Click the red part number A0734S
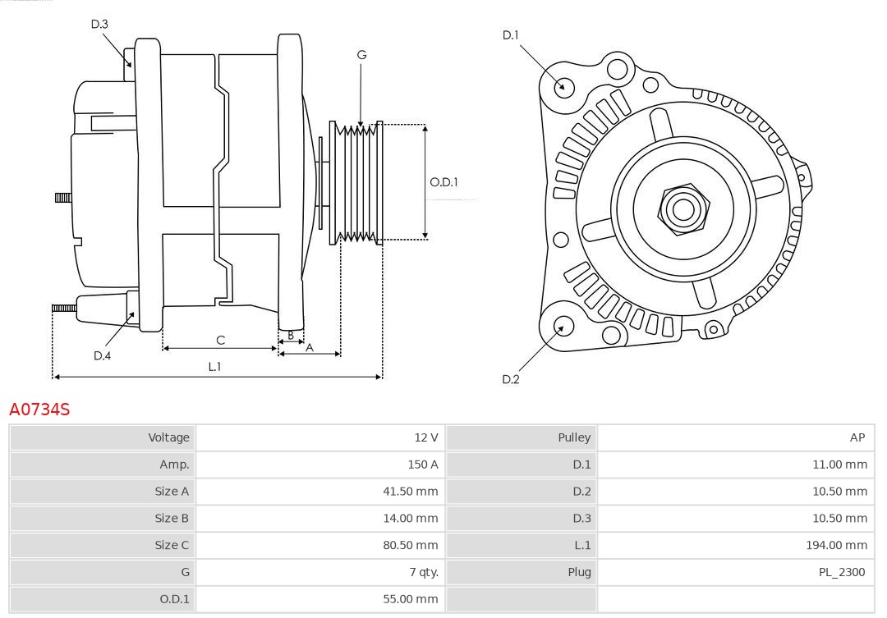coord(39,409)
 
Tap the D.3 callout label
coord(99,24)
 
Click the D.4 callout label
coord(102,355)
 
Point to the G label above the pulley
coord(361,55)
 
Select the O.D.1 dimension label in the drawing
coord(443,182)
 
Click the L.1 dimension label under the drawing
coord(214,367)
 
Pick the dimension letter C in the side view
coord(220,340)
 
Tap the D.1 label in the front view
coord(510,34)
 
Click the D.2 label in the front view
coord(510,379)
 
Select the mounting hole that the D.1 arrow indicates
coord(564,85)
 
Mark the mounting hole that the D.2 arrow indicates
coord(563,327)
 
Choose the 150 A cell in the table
coord(422,465)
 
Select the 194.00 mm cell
coord(836,545)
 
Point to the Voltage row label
coord(168,437)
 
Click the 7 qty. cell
coord(422,572)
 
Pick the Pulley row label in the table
coord(574,437)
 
